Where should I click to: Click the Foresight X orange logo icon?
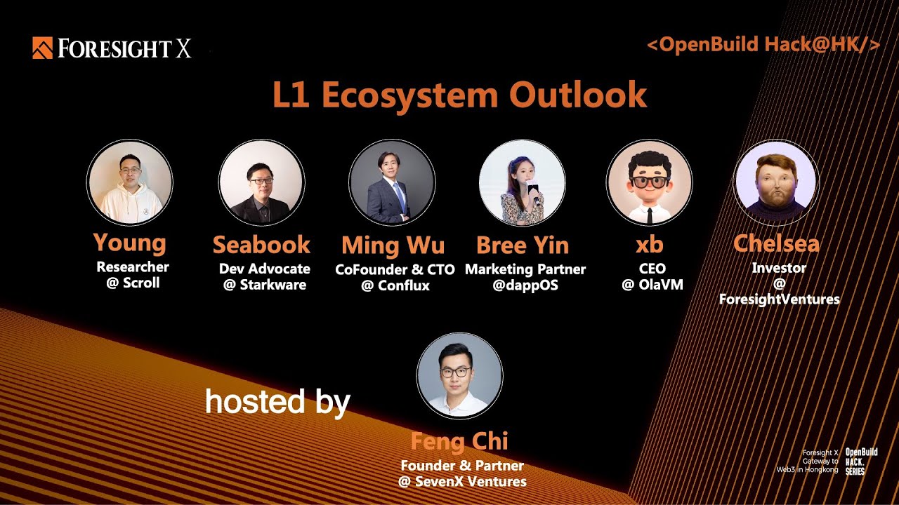point(42,48)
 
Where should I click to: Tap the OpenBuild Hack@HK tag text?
point(763,46)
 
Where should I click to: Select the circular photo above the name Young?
point(130,182)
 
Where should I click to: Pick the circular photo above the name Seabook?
point(261,182)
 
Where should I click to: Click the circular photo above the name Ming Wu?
point(392,182)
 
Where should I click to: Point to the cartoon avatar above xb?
point(650,182)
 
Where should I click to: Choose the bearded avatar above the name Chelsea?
point(775,182)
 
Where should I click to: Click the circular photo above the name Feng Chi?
point(459,375)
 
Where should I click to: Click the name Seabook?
point(261,245)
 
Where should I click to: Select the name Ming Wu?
point(393,245)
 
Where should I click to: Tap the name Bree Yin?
point(523,245)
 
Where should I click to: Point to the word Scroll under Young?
point(141,283)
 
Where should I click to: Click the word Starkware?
point(273,285)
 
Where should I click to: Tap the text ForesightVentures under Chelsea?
point(779,299)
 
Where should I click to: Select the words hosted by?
point(277,403)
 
